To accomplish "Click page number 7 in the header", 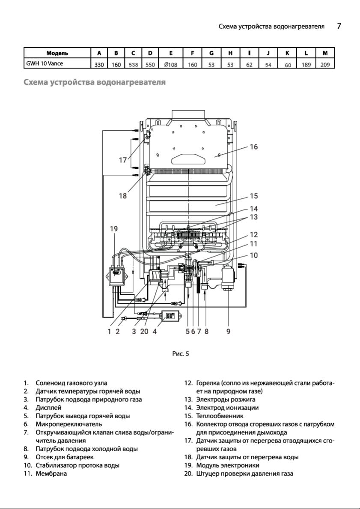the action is [339, 26].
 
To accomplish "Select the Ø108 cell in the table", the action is [171, 64].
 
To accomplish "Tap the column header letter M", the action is [325, 53].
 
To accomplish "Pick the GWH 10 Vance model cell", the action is [45, 63].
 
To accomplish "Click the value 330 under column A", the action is [99, 64].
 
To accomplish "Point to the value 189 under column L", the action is [306, 64].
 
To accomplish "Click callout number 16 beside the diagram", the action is [253, 147].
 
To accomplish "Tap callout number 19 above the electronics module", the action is [113, 228].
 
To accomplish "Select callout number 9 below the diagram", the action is [228, 331].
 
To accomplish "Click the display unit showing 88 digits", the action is [170, 315].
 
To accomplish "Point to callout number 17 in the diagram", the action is [122, 160].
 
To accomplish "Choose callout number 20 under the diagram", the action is [144, 331].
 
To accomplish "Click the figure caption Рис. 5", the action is [180, 353].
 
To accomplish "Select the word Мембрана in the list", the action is [51, 473].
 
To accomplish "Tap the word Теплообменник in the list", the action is [220, 416].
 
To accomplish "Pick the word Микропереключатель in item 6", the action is [69, 424].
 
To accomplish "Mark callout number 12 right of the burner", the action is [253, 234].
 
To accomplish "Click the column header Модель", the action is [57, 53].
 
